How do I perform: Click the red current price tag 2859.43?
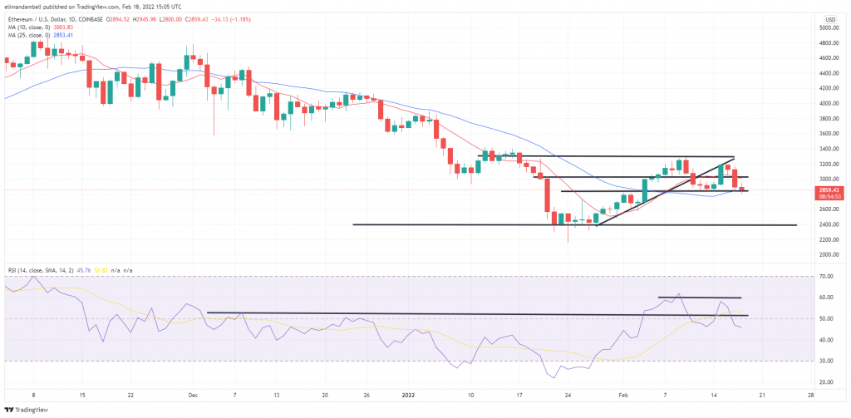(829, 189)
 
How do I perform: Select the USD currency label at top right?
(829, 18)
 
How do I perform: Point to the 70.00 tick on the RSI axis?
(827, 276)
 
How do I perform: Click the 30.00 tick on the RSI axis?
(827, 361)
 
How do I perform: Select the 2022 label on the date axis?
(408, 396)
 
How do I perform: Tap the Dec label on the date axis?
(192, 396)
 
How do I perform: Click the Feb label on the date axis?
(621, 396)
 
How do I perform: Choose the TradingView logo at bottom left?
(27, 410)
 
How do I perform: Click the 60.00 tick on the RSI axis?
(827, 298)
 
